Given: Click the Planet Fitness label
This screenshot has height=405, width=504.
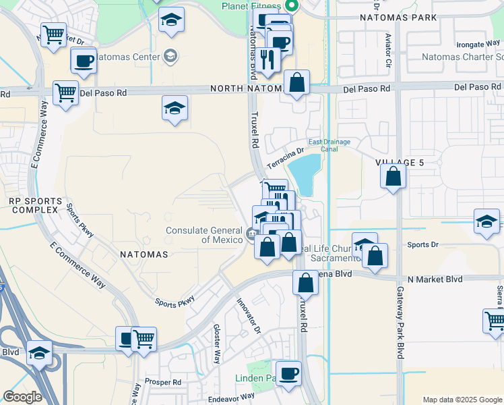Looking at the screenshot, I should point(251,6).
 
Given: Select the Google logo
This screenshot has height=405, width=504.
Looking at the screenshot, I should point(22,397).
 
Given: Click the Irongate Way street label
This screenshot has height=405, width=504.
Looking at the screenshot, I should point(480,45).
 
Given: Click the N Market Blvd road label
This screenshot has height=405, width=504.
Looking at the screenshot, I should point(435,279).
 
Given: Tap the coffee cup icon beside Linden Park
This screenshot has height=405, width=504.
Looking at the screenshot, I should point(289,374).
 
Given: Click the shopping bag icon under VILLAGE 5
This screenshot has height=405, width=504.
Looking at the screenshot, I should point(393,177).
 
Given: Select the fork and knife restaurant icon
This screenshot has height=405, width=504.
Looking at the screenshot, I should point(269,60).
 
